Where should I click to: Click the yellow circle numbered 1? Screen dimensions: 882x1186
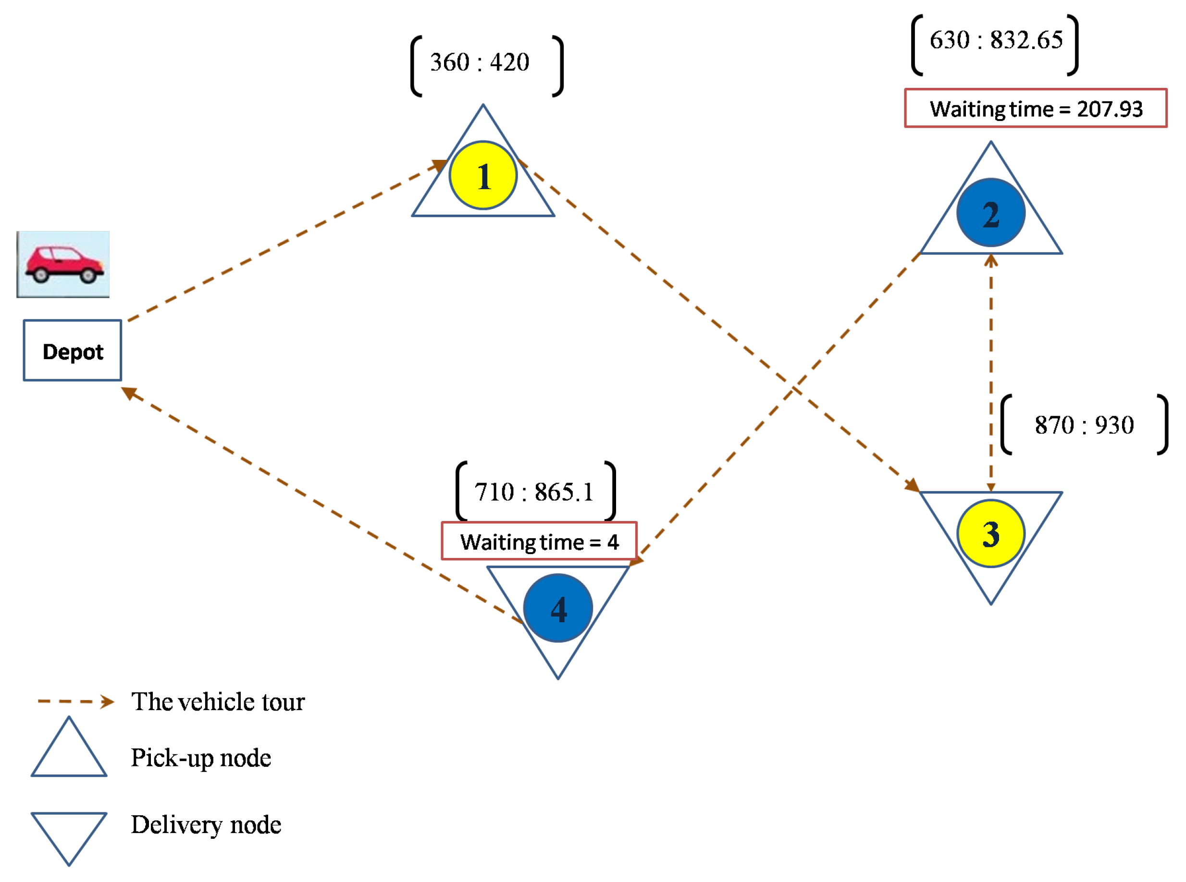(x=483, y=176)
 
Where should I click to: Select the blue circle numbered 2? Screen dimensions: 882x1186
(x=990, y=213)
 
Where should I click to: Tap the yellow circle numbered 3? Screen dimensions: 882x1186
(x=990, y=533)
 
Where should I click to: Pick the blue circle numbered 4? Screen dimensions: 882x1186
(x=558, y=608)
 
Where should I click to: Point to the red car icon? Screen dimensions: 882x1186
(x=63, y=264)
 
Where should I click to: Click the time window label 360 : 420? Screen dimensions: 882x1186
(x=479, y=62)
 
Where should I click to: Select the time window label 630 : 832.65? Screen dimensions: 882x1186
(x=996, y=40)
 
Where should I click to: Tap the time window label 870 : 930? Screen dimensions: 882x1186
(x=1084, y=425)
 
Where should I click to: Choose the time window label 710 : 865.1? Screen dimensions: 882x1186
(x=534, y=492)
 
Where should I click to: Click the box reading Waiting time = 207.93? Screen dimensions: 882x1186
(x=1035, y=109)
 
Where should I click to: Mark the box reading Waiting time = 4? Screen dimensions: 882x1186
(x=539, y=542)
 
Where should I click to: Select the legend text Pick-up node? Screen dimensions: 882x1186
(x=201, y=758)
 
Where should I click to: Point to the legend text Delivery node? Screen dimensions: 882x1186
(x=206, y=825)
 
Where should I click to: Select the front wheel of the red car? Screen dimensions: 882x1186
(x=88, y=276)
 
